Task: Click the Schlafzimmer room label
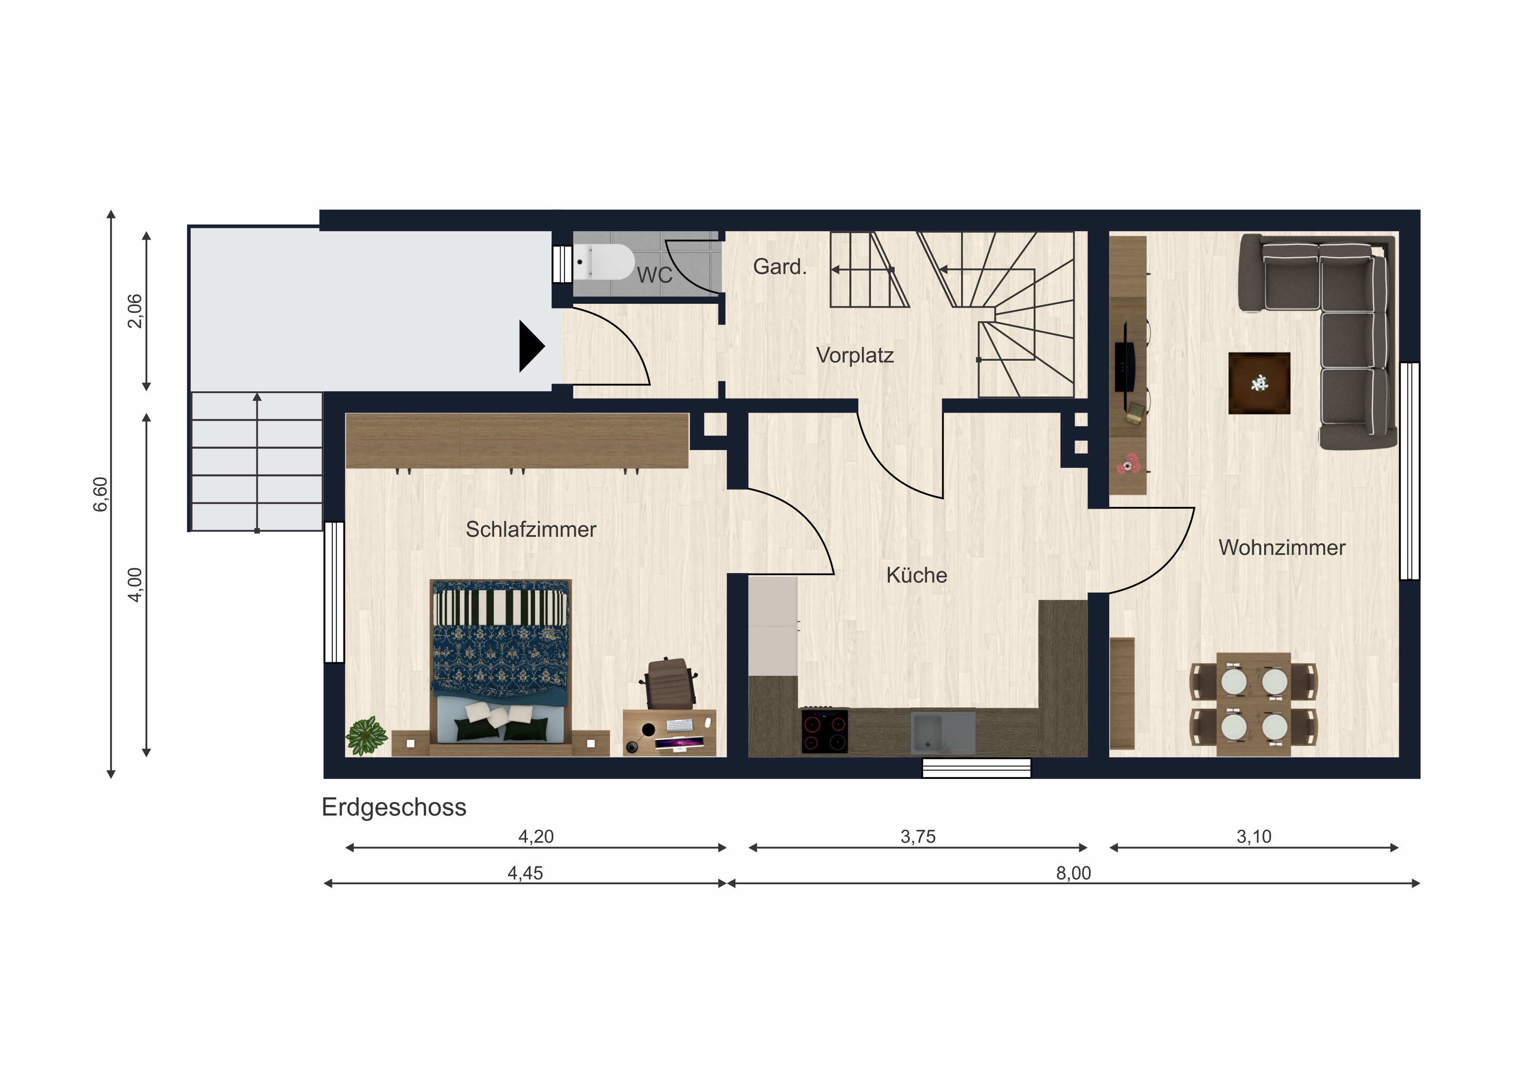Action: click(531, 529)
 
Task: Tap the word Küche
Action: click(917, 575)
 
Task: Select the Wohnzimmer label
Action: click(1282, 548)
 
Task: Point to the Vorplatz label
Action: click(855, 356)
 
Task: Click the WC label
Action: click(655, 275)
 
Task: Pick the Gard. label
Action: click(780, 266)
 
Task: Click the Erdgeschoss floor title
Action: click(394, 808)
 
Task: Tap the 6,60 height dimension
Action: click(100, 494)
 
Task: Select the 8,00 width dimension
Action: click(1073, 873)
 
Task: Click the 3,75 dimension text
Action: click(918, 837)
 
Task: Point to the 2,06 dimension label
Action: click(135, 311)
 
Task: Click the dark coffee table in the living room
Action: click(1259, 383)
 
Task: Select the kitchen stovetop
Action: click(825, 731)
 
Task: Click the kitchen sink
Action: click(943, 732)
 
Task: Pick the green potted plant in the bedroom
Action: click(366, 735)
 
